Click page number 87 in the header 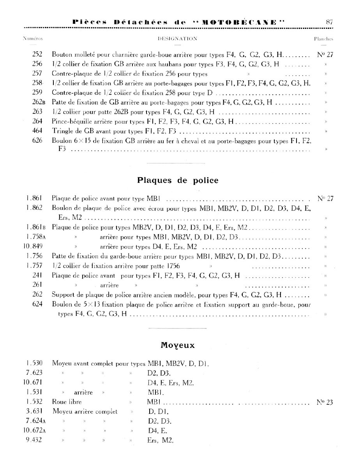click(x=328, y=22)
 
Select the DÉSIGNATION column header click(x=177, y=39)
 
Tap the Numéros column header click(x=32, y=39)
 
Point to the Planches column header click(x=323, y=39)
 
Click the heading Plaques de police click(x=178, y=181)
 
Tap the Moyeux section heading click(x=177, y=345)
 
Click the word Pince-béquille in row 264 click(x=69, y=121)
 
